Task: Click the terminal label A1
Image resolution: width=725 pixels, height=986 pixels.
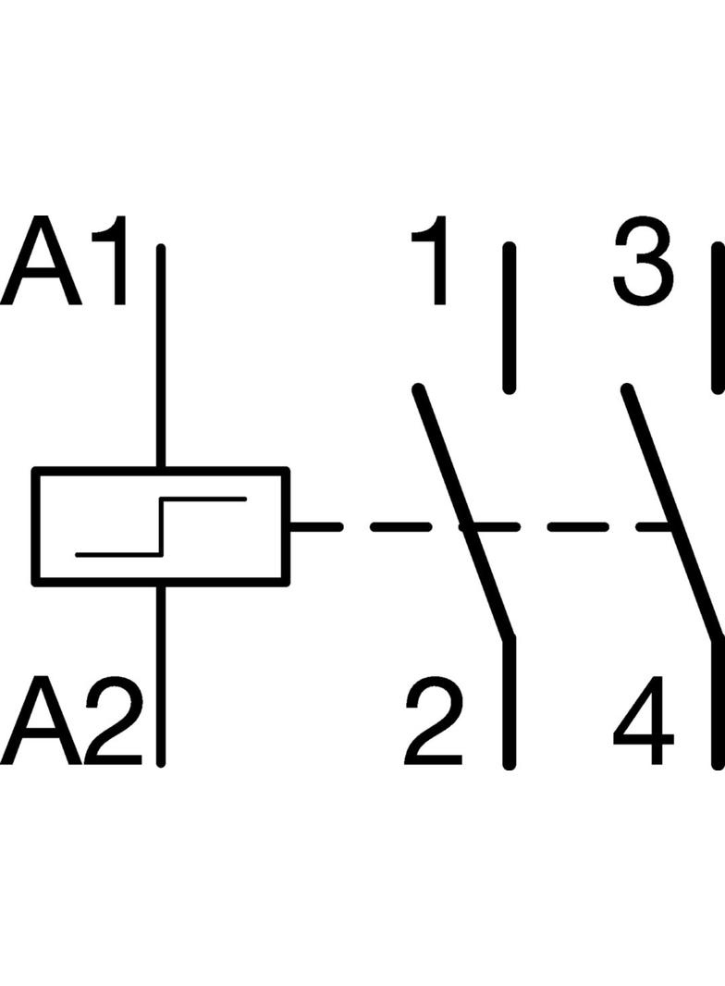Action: [x=64, y=260]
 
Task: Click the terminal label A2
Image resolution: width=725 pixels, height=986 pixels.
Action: [x=71, y=721]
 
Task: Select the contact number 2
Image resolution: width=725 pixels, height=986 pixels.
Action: [x=433, y=721]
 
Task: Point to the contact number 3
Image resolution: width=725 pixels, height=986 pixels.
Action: [x=643, y=263]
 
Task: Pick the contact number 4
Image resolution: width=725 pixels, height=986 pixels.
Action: [x=644, y=721]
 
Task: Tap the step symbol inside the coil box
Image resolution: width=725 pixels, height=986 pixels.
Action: [x=161, y=527]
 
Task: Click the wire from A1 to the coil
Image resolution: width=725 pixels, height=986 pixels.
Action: [x=161, y=356]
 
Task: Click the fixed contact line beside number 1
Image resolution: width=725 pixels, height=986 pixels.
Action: [x=510, y=318]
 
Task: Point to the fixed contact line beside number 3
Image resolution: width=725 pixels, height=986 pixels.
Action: [x=718, y=318]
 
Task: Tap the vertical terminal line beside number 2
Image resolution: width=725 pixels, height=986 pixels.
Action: [x=510, y=703]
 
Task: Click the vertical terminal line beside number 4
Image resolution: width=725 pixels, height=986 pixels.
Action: [x=718, y=703]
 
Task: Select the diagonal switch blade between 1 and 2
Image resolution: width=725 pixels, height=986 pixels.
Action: [x=463, y=513]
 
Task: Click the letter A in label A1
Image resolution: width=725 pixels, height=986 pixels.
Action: [x=42, y=260]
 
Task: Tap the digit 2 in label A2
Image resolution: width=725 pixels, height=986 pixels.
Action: [x=113, y=721]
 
